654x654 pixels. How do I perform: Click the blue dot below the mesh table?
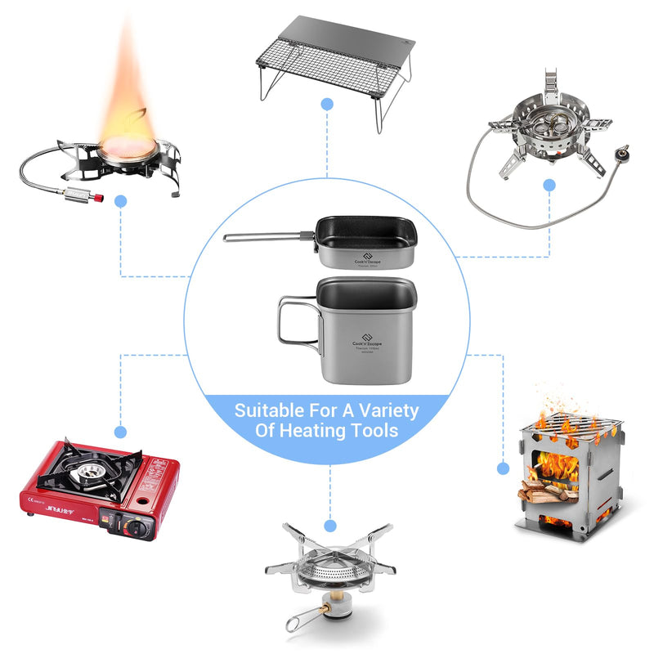point(327,104)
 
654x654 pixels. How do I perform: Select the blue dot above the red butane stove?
point(121,431)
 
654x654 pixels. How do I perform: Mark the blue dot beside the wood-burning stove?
point(503,468)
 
